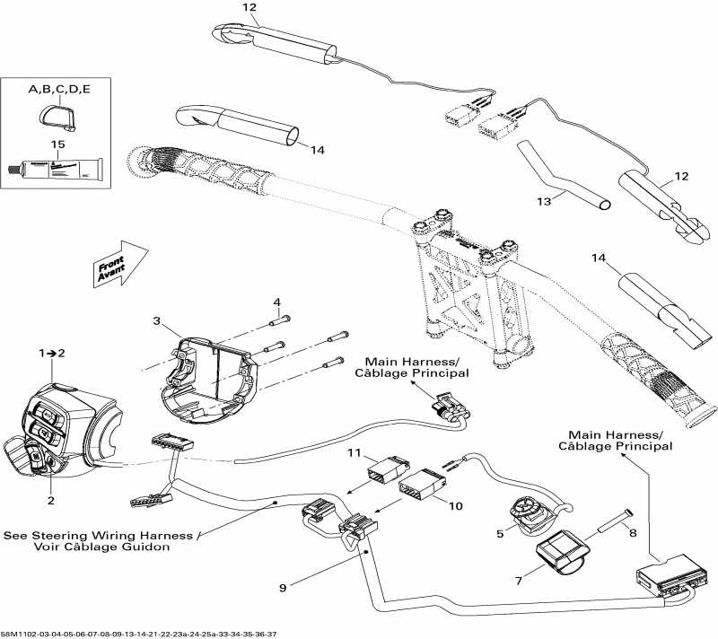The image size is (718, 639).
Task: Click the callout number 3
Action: (x=157, y=320)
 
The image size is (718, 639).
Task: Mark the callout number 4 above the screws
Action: (x=277, y=301)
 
